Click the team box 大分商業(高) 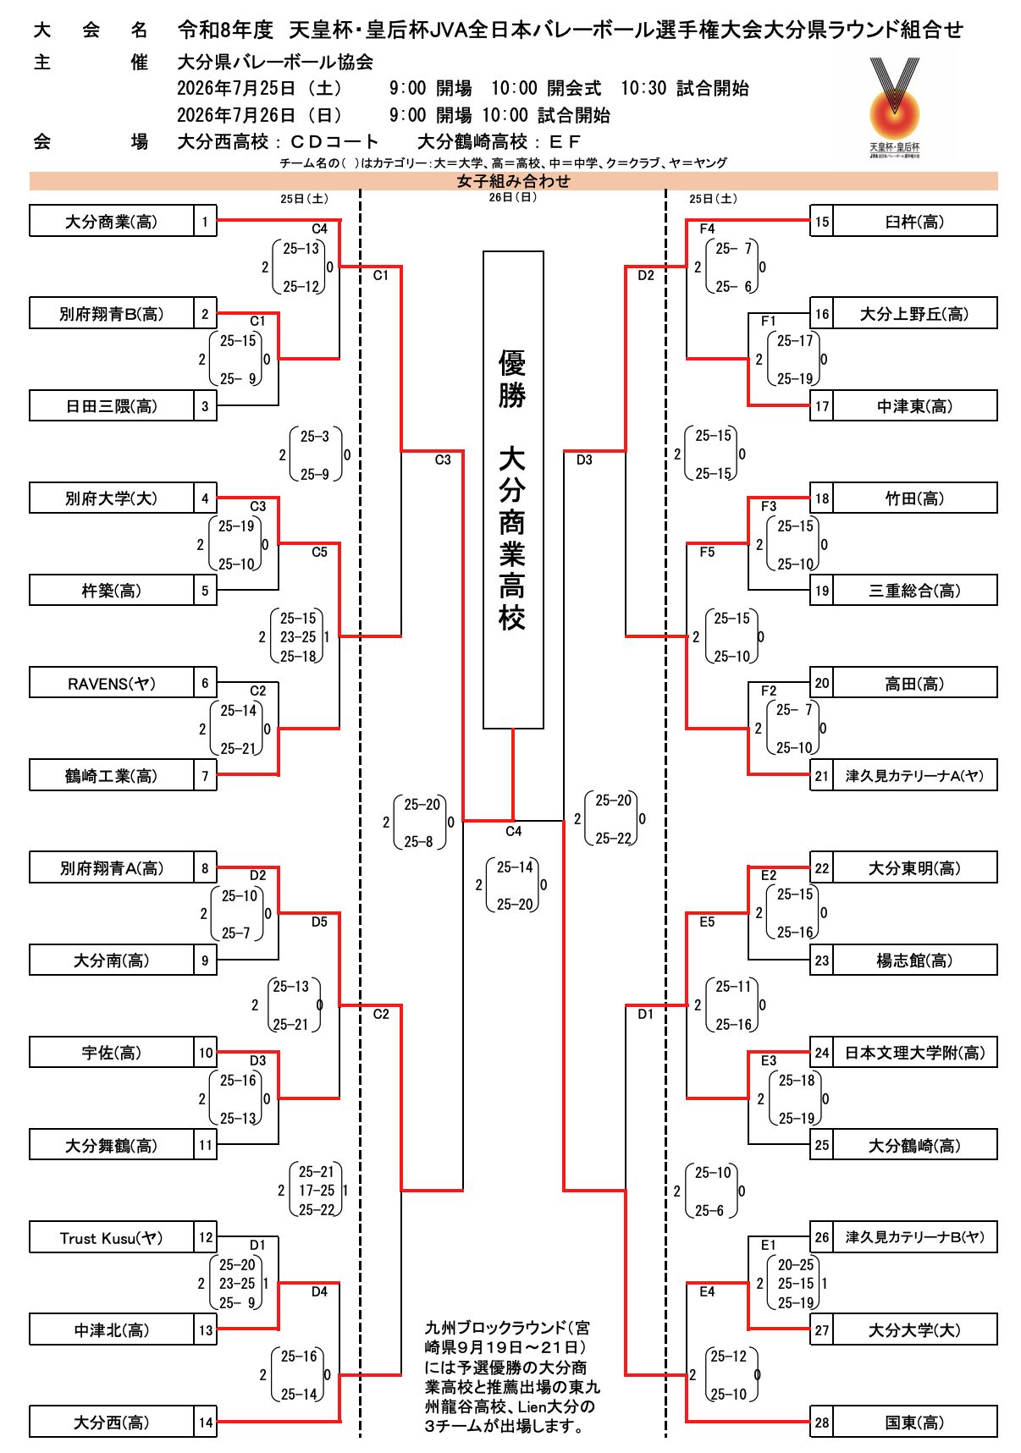[x=112, y=221]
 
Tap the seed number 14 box [x=206, y=1422]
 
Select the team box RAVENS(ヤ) [x=112, y=683]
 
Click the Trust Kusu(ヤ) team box [x=112, y=1237]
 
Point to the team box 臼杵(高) [x=914, y=221]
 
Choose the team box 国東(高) [x=914, y=1422]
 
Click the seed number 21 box [x=821, y=775]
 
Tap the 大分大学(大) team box [x=914, y=1329]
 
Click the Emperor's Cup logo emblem [x=894, y=106]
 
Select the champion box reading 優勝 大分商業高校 [x=513, y=490]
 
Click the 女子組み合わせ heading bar [x=513, y=181]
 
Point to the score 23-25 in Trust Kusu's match [x=237, y=1283]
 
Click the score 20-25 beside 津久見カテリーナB [x=796, y=1264]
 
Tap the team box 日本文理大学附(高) [x=914, y=1053]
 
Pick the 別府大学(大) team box [x=112, y=498]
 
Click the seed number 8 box [x=205, y=867]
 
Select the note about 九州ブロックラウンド [x=512, y=1376]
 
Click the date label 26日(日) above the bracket [x=513, y=197]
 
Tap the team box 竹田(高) [x=914, y=498]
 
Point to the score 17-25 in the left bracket [x=317, y=1190]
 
